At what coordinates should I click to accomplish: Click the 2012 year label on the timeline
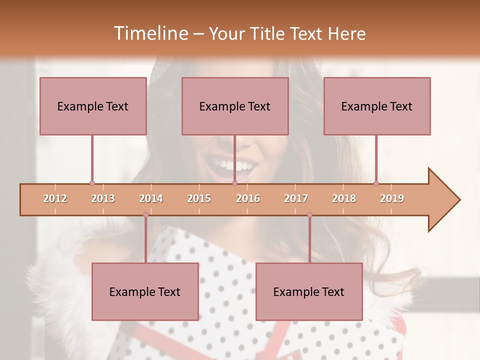(x=55, y=198)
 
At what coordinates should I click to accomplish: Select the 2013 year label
(x=103, y=198)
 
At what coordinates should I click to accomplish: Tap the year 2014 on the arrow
(x=151, y=198)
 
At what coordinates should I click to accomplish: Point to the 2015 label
(x=199, y=198)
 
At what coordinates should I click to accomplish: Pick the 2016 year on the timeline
(x=248, y=198)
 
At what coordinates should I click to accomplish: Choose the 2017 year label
(x=296, y=198)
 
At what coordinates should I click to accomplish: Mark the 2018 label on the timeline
(x=344, y=198)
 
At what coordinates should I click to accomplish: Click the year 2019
(x=392, y=198)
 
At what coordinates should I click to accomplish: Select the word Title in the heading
(x=269, y=33)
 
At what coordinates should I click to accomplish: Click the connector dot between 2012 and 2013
(x=92, y=183)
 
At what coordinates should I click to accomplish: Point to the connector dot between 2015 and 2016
(x=234, y=183)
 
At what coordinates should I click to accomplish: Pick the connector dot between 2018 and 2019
(x=376, y=183)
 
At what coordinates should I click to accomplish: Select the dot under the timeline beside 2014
(x=145, y=215)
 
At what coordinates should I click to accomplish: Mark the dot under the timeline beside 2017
(x=309, y=215)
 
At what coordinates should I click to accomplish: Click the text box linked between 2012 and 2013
(x=93, y=106)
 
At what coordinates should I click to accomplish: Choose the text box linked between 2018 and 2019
(x=377, y=106)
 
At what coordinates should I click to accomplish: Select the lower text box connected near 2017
(x=309, y=291)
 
